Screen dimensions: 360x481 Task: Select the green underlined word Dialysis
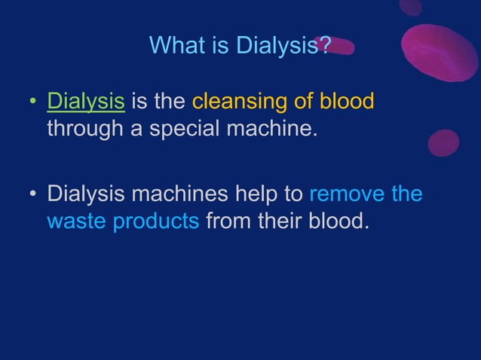click(86, 102)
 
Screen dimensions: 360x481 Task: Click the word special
click(189, 128)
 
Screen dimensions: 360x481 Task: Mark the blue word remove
click(347, 194)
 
